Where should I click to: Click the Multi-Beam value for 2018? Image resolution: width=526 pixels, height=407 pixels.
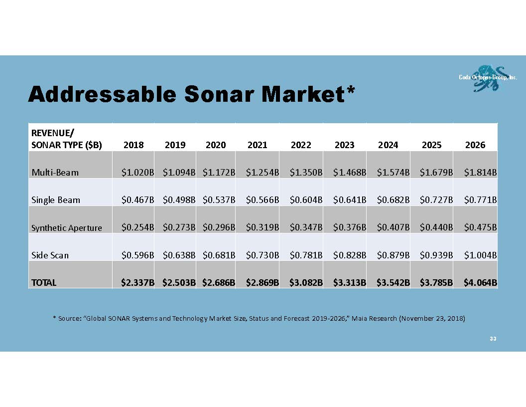(x=137, y=173)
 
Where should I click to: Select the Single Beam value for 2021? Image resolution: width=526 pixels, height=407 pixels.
(x=263, y=200)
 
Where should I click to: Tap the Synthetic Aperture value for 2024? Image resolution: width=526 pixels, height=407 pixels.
(x=393, y=227)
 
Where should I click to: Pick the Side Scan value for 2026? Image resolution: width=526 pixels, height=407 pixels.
(x=480, y=255)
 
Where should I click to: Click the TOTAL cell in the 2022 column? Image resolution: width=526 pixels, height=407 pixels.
(x=306, y=282)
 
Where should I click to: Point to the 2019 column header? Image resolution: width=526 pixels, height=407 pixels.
(x=175, y=145)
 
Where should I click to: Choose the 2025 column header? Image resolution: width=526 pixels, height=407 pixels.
(x=431, y=145)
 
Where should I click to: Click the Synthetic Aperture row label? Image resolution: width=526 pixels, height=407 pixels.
(x=66, y=228)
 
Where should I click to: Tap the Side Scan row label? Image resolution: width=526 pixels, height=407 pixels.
(x=50, y=255)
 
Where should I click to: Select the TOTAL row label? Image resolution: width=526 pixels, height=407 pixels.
(x=44, y=283)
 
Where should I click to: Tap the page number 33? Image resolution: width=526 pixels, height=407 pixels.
(x=493, y=339)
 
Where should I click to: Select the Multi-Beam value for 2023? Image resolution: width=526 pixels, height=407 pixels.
(x=350, y=173)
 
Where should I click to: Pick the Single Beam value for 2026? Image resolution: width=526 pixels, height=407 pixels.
(x=480, y=200)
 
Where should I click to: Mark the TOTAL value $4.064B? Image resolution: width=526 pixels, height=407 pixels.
(x=480, y=282)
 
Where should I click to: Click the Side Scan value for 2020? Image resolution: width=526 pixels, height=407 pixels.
(x=219, y=255)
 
